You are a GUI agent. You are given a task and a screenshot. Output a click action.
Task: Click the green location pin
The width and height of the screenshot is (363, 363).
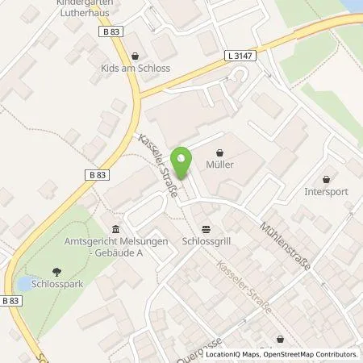click(x=184, y=161)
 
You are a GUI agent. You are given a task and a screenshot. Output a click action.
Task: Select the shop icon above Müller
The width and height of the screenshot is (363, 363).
click(x=220, y=152)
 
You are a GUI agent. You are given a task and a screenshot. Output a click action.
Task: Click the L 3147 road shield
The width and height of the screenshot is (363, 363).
click(x=234, y=56)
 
